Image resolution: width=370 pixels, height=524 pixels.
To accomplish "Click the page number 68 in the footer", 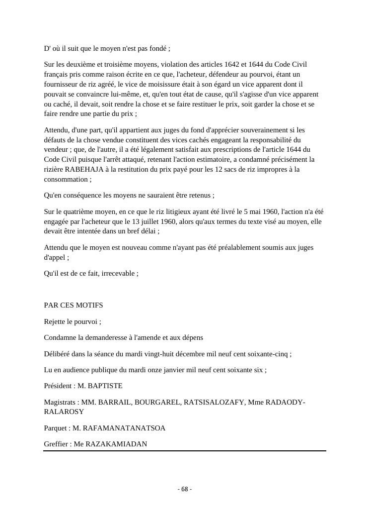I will coord(185,489).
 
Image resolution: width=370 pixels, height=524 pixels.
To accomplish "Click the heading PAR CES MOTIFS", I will coord(74,305).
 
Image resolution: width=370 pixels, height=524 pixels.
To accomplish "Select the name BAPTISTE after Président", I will coord(105,386).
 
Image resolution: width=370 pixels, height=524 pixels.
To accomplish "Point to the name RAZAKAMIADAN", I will coord(116,444).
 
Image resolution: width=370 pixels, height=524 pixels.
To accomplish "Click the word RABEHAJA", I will coord(85,169).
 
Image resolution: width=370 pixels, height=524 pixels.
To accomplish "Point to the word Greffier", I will coord(56,444).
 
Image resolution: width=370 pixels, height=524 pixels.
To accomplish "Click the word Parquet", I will coord(56,428).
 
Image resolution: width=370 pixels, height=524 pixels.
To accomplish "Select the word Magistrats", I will coord(60,402).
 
